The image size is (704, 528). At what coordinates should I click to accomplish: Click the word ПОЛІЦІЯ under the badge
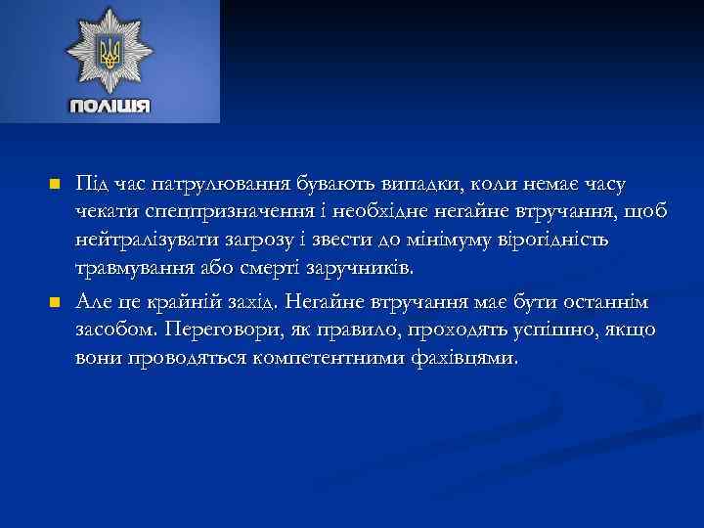[x=110, y=106]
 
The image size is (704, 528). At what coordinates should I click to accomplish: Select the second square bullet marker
[x=55, y=301]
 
